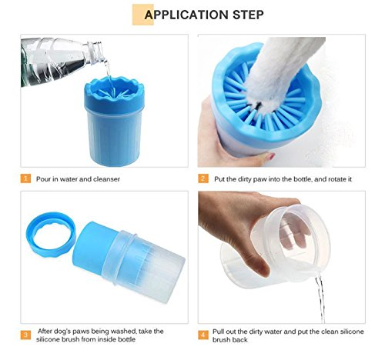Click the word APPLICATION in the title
[x=186, y=15]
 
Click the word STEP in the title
[x=248, y=15]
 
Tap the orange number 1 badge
[x=25, y=178]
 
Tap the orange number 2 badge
[x=203, y=178]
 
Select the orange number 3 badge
[x=25, y=335]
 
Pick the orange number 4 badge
[x=203, y=335]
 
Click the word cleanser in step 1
[x=106, y=179]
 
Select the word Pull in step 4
[x=217, y=332]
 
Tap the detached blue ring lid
[x=51, y=235]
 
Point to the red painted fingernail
[x=270, y=156]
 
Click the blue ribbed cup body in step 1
[x=115, y=138]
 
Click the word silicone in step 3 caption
[x=48, y=339]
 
